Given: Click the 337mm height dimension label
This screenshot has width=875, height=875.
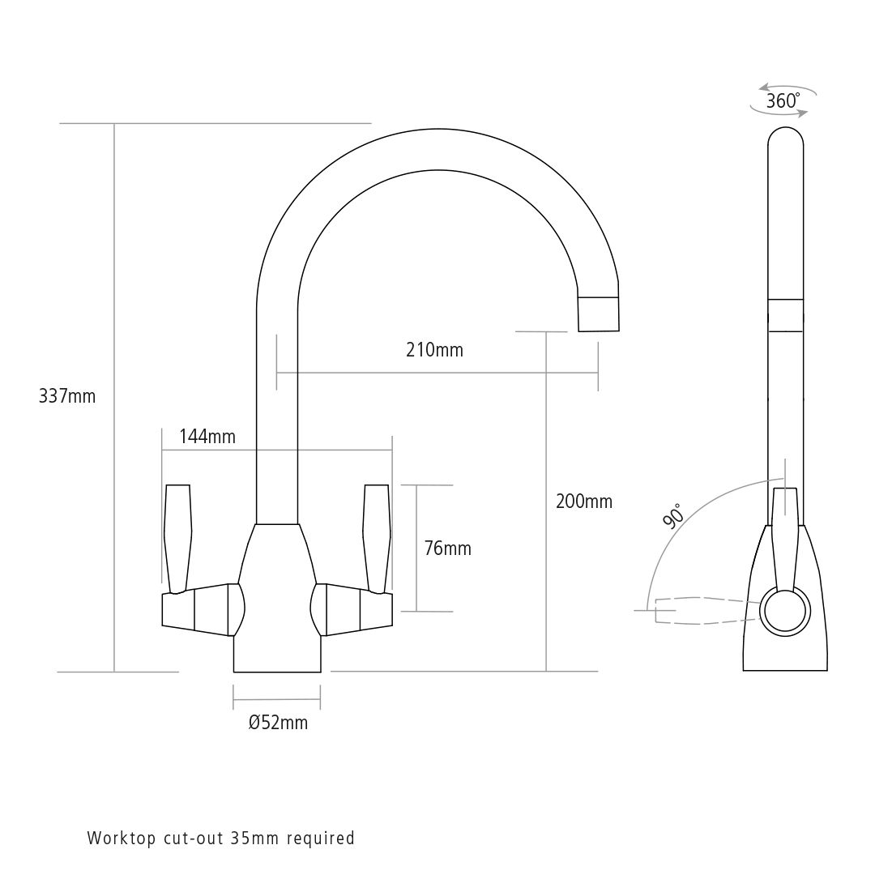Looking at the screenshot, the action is click(x=67, y=396).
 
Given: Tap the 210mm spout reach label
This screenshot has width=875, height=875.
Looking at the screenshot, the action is click(x=435, y=350).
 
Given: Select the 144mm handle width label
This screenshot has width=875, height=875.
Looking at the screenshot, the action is click(x=207, y=437).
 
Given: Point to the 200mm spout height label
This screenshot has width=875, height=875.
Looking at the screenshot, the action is click(x=584, y=502).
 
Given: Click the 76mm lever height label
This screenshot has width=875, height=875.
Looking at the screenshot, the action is click(x=447, y=548).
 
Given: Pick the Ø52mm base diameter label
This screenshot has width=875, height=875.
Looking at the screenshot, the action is click(x=278, y=723).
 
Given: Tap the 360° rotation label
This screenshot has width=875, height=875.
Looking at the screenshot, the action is click(x=783, y=101).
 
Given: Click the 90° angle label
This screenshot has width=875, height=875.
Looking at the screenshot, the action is click(x=673, y=515).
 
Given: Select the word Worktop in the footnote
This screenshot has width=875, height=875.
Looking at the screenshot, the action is click(x=122, y=839).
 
